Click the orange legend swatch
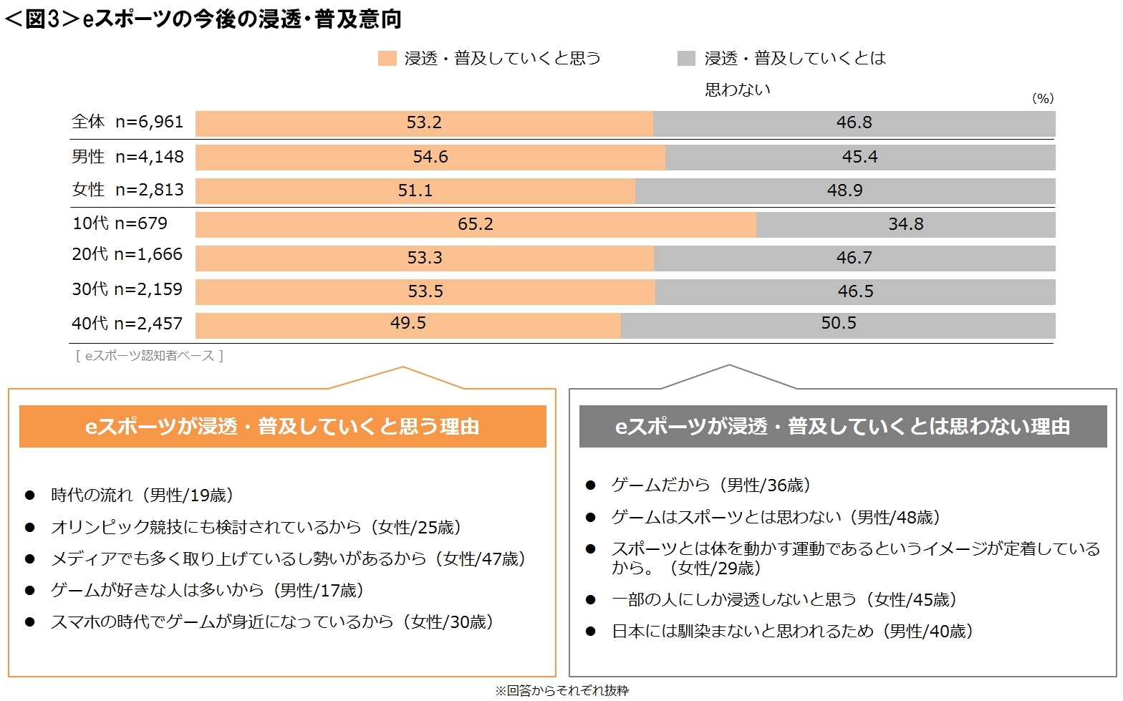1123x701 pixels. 387,59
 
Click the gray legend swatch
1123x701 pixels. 686,59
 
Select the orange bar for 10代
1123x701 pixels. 476,224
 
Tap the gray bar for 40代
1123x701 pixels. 838,324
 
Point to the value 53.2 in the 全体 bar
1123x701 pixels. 424,122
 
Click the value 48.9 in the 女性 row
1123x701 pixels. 844,190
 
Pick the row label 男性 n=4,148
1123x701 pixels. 127,157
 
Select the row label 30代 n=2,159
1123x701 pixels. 127,289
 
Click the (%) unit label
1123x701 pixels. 1042,99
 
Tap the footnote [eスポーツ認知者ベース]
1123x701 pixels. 149,355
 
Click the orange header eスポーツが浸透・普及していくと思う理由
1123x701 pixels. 282,427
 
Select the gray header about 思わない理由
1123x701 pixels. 842,427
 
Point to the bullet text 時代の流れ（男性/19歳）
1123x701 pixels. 142,495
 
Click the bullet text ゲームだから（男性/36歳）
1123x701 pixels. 710,485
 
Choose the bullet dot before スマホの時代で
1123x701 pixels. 30,622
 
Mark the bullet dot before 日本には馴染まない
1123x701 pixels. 590,631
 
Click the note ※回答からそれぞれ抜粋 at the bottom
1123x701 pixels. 561,690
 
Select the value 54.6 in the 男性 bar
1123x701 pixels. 430,157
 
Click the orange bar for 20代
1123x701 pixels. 425,258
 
